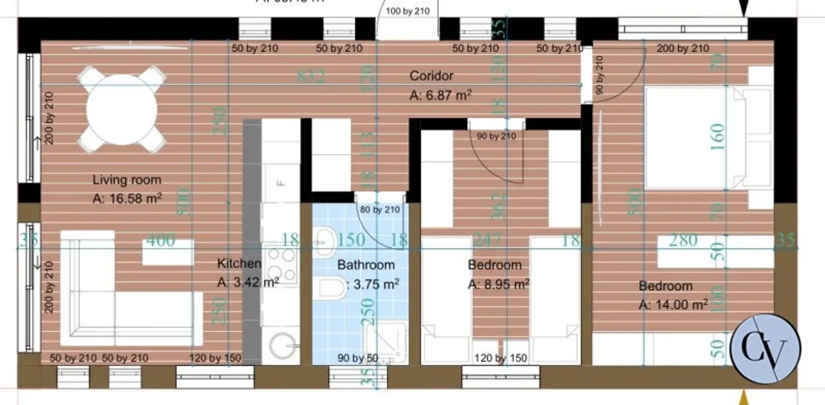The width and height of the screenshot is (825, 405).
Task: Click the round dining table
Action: click(x=121, y=109)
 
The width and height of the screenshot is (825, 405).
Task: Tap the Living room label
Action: click(x=127, y=180)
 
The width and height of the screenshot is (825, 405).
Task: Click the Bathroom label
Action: click(x=366, y=265)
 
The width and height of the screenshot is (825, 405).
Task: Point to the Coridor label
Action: click(x=431, y=76)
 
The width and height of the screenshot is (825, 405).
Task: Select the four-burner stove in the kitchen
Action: click(x=281, y=265)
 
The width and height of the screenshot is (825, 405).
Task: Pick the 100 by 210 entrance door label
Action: click(x=408, y=11)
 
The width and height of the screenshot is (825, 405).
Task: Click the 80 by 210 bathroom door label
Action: click(x=379, y=210)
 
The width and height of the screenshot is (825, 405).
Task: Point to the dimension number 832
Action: click(x=312, y=76)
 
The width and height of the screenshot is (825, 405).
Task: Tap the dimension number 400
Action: click(x=160, y=240)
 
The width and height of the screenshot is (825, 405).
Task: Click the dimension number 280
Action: click(x=683, y=240)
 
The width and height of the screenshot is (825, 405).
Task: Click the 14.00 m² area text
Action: click(x=673, y=305)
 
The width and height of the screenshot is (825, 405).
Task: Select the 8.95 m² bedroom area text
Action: click(x=499, y=284)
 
